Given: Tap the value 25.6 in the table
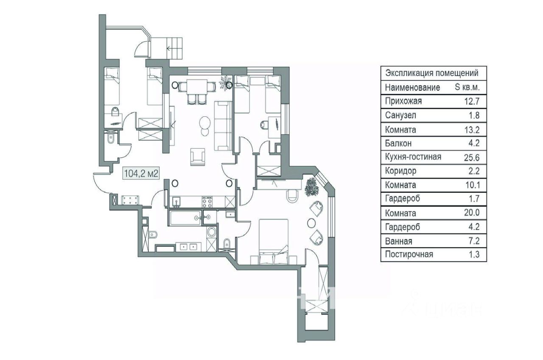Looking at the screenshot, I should tap(469, 157).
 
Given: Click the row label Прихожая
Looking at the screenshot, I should tap(403, 101).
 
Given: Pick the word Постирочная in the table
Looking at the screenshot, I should tap(409, 255).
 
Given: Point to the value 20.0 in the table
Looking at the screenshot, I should tap(469, 213).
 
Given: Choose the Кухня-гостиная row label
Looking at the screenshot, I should tap(413, 157).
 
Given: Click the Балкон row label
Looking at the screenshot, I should tap(398, 143).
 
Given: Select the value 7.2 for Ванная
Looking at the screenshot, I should tap(471, 241).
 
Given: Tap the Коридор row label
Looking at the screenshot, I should tap(401, 171).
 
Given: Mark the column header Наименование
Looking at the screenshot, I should tap(412, 87).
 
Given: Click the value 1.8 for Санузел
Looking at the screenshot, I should tap(471, 115).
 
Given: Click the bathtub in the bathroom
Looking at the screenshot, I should tap(186, 218).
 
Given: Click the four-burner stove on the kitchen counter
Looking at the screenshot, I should tap(207, 200).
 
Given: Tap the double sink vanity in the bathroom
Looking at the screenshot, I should tap(187, 246).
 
